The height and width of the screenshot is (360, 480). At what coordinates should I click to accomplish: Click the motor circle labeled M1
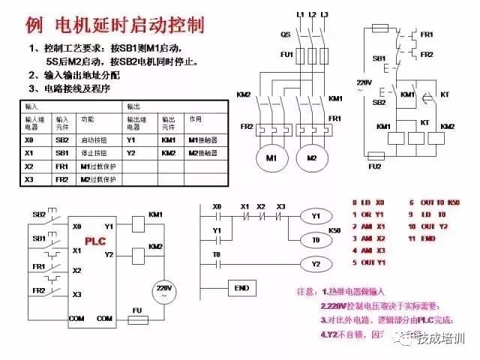[271, 157]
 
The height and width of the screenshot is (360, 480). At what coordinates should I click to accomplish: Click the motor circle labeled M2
[310, 157]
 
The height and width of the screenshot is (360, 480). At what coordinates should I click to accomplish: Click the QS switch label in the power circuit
[286, 34]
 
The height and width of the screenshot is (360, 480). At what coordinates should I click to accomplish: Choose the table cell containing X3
[29, 180]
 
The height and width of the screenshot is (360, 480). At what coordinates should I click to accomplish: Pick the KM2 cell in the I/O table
[169, 153]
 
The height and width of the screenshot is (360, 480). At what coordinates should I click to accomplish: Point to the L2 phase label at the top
[312, 14]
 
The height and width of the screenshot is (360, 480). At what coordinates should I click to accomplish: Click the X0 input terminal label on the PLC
[76, 226]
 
